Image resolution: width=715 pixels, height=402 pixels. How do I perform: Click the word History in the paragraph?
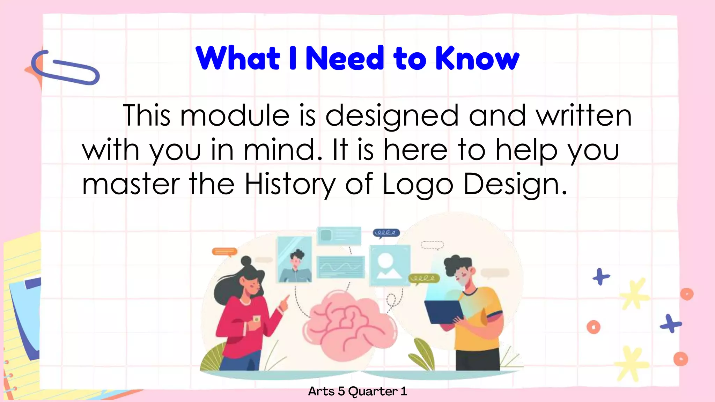coord(290,184)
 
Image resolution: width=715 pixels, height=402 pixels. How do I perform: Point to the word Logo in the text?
coord(418,184)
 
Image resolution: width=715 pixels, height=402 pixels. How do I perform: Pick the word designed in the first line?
coord(392,116)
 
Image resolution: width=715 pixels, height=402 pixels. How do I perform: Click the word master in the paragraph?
coord(131,184)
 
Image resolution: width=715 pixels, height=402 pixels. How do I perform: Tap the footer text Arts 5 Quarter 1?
coord(357,391)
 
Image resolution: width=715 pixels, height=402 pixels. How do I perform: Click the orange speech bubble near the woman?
coord(224,252)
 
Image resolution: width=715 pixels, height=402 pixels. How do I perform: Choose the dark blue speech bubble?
coord(386,233)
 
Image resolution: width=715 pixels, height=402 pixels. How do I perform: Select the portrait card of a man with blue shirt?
coord(294,259)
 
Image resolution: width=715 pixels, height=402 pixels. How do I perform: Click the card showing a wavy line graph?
coord(341,267)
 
